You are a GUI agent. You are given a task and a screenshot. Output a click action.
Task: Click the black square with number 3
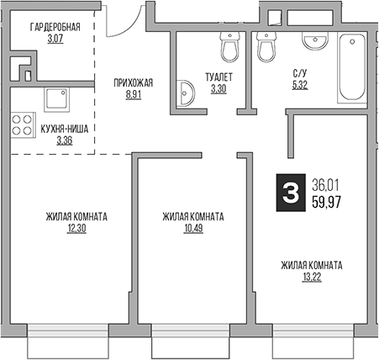pos(290,194)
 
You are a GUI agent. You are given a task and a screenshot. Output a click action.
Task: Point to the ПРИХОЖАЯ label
pos(134,82)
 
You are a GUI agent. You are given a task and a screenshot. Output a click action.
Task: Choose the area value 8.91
pos(134,96)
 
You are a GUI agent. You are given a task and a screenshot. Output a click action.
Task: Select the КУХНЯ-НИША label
pos(65,128)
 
